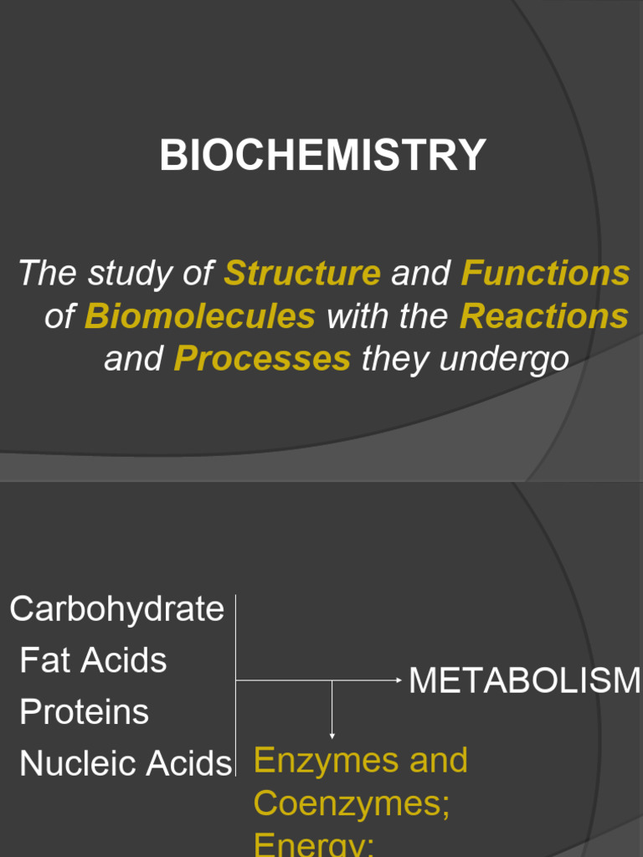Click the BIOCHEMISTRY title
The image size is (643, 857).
(322, 156)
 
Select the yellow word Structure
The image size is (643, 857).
(303, 274)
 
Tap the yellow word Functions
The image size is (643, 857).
(545, 274)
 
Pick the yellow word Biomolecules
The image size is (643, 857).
(200, 316)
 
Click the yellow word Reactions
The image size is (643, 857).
(544, 316)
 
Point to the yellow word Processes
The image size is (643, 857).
(262, 360)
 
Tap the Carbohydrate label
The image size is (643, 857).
(117, 609)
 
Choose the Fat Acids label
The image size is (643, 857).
(93, 660)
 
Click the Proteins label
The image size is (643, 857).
(84, 712)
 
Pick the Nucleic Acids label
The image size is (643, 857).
(125, 763)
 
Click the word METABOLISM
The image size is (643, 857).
(524, 681)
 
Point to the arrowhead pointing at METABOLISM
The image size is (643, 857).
(399, 680)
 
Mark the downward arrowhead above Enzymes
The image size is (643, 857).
(332, 734)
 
